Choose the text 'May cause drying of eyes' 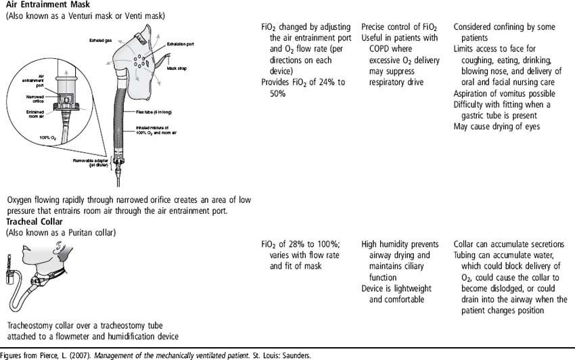497,127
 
